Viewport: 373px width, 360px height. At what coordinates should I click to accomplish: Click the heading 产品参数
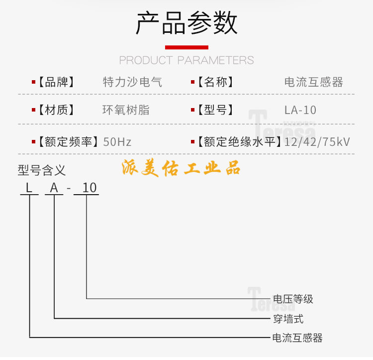tap(186, 24)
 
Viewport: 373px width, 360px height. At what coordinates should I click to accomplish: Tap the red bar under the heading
tap(186, 47)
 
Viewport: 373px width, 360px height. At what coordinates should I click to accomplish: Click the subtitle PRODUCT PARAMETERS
tap(186, 60)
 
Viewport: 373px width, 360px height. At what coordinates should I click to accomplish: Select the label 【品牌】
tap(56, 82)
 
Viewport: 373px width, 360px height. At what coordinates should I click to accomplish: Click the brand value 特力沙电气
tap(132, 82)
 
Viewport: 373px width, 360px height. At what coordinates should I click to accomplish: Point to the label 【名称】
tap(215, 82)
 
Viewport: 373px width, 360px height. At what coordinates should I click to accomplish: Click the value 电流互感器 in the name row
tap(313, 82)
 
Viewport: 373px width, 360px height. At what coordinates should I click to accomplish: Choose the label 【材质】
tap(56, 110)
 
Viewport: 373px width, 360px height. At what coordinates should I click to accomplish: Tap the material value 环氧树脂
tap(126, 110)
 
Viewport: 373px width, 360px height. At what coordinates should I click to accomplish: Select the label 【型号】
tap(215, 110)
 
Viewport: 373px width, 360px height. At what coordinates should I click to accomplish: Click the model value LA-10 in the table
tap(300, 110)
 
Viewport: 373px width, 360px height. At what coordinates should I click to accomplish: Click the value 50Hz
tap(117, 142)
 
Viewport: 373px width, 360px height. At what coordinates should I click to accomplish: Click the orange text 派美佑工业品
tap(181, 168)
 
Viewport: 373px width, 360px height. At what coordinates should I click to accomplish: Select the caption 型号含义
tap(42, 171)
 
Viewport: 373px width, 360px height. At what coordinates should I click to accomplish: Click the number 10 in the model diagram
tap(90, 188)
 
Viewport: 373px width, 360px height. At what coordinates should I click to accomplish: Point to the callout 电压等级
tap(293, 299)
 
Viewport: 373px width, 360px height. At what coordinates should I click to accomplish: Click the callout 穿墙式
tap(288, 319)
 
